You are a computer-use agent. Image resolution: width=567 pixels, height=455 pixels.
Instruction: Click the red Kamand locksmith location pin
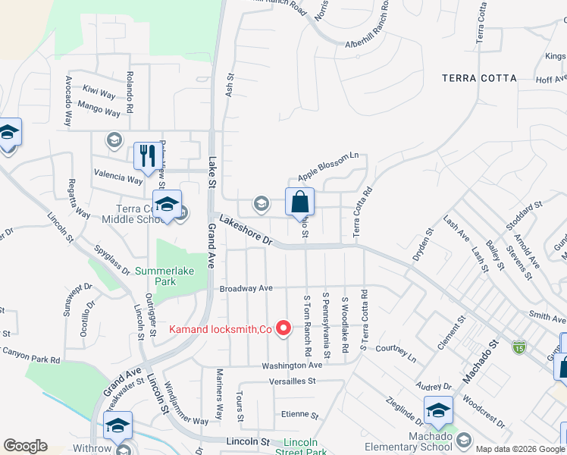pyautogui.click(x=284, y=328)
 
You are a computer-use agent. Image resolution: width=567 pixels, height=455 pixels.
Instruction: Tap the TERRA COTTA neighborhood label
pyautogui.click(x=481, y=78)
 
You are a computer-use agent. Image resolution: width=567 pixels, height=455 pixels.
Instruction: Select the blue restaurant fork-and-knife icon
pyautogui.click(x=146, y=156)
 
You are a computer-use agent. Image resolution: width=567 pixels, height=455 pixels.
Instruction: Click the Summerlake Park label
pyautogui.click(x=165, y=276)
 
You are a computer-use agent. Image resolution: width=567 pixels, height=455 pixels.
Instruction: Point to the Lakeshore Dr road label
pyautogui.click(x=246, y=229)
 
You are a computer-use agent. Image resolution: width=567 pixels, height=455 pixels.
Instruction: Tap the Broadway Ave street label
pyautogui.click(x=246, y=289)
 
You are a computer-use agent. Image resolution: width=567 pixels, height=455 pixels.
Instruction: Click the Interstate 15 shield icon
pyautogui.click(x=518, y=347)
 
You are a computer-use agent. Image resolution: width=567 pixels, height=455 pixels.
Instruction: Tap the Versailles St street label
pyautogui.click(x=288, y=381)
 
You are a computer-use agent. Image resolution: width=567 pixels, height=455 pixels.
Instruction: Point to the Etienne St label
pyautogui.click(x=300, y=415)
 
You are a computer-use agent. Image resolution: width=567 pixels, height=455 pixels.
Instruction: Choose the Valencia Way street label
pyautogui.click(x=117, y=180)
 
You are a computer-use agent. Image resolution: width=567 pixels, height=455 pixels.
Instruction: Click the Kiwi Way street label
pyautogui.click(x=99, y=93)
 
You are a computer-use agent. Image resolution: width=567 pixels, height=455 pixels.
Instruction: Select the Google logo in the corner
pyautogui.click(x=25, y=446)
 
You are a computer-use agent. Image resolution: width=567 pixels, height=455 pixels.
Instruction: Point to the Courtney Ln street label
pyautogui.click(x=397, y=353)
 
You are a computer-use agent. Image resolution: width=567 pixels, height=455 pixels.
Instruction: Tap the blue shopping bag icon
pyautogui.click(x=300, y=202)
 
